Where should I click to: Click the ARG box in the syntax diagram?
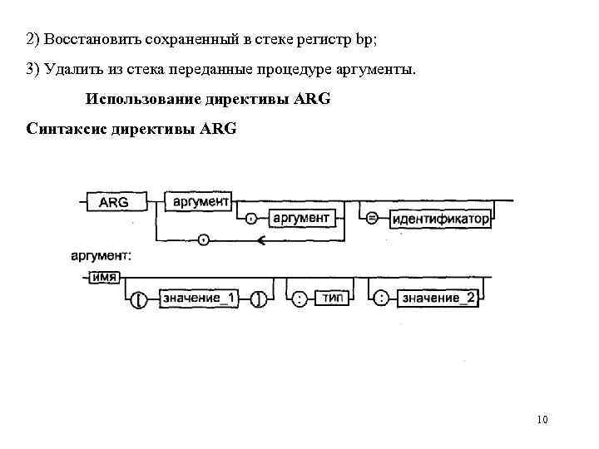point(114,202)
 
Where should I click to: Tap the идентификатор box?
point(440,220)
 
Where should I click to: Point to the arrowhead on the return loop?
point(260,240)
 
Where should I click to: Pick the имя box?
point(104,276)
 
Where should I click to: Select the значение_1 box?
point(191,298)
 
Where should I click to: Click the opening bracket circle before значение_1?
point(141,299)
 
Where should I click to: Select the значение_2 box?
point(438,298)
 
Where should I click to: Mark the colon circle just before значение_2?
point(381,298)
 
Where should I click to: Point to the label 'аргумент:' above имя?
point(101,256)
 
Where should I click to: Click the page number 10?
point(542,419)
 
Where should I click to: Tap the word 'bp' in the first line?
point(363,39)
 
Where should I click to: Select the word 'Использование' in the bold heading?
point(139,99)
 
